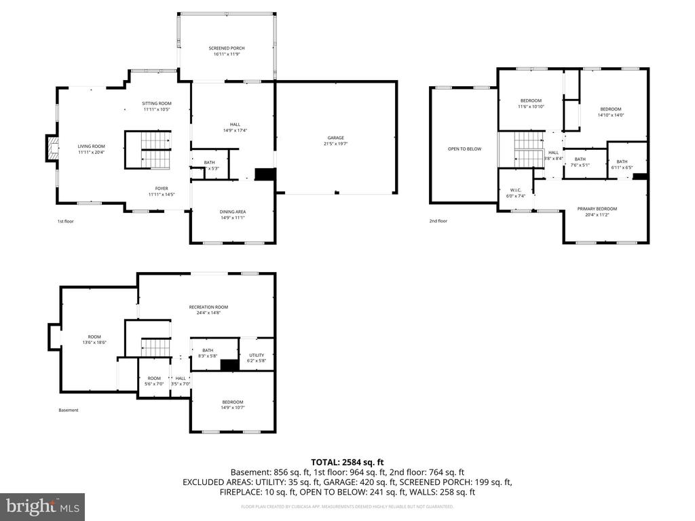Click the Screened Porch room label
226,48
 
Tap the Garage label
337,138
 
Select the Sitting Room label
157,103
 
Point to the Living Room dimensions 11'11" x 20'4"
91,152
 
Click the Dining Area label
232,212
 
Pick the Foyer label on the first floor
162,189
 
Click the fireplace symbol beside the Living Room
51,149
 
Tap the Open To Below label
464,149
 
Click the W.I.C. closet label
516,190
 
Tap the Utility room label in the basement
256,355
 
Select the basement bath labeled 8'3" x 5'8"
208,350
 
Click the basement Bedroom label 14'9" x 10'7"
232,402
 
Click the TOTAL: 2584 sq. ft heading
347,462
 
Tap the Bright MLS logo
42,506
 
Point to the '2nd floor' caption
438,220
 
